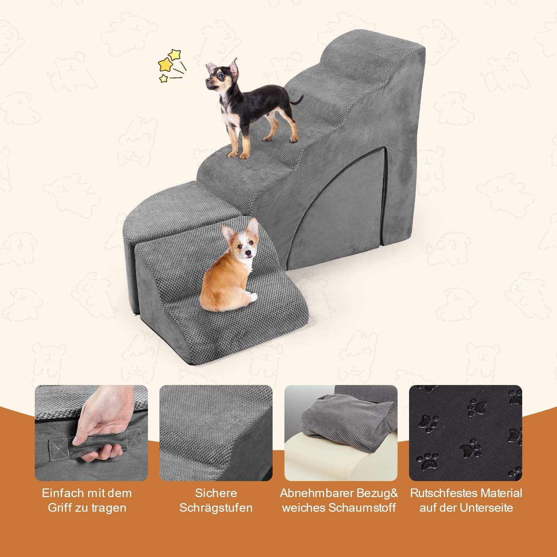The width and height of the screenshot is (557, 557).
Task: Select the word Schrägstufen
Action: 216,508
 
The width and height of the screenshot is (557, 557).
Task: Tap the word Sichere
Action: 216,493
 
